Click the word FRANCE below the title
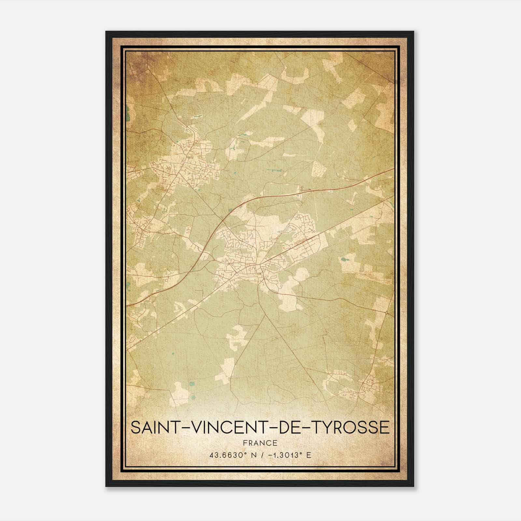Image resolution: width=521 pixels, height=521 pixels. pyautogui.click(x=260, y=443)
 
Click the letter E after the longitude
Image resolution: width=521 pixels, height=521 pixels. pyautogui.click(x=309, y=455)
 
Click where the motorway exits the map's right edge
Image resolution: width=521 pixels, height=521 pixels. pyautogui.click(x=393, y=169)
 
